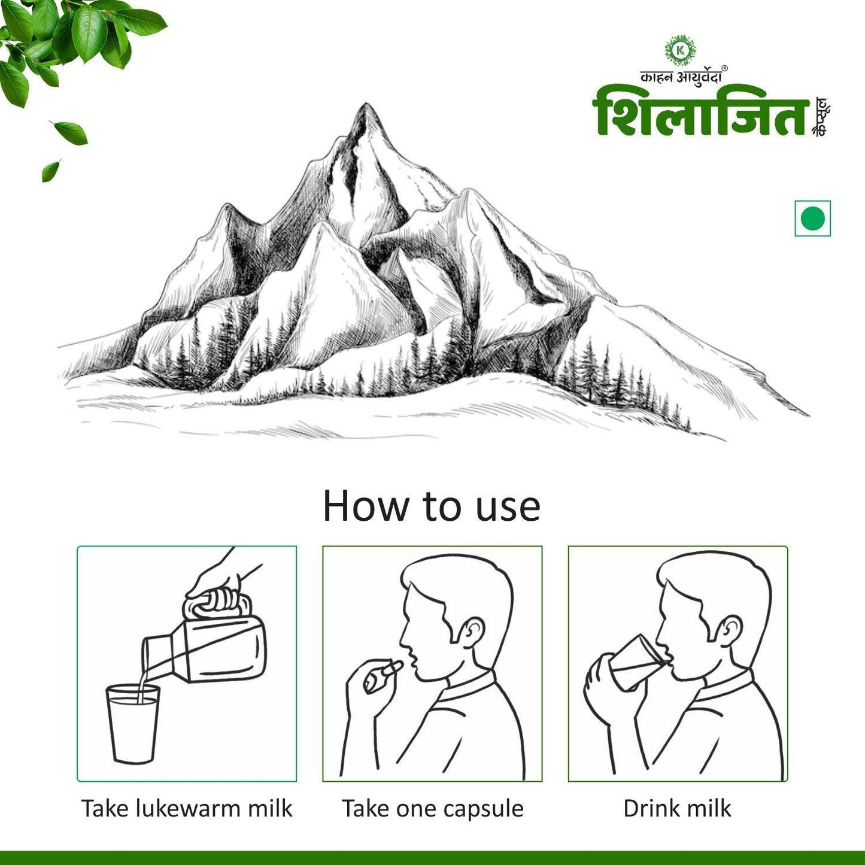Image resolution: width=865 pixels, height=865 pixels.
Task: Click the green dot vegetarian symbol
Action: click(x=812, y=218)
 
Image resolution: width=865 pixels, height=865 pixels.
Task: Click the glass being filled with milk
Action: click(x=132, y=724)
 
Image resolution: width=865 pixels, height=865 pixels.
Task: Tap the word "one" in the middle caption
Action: click(x=413, y=809)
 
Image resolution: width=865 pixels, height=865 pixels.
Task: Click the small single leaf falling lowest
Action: click(x=50, y=170)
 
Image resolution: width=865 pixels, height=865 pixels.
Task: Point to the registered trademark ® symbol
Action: click(x=724, y=68)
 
